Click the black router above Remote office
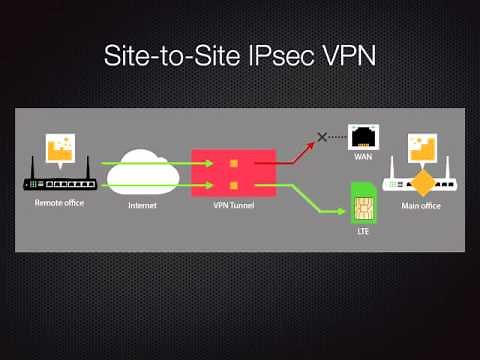pyautogui.click(x=58, y=183)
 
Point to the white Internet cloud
pyautogui.click(x=143, y=171)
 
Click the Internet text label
pyautogui.click(x=143, y=205)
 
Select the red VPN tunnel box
pyautogui.click(x=233, y=173)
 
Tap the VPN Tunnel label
pyautogui.click(x=232, y=205)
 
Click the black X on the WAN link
pyautogui.click(x=322, y=136)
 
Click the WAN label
pyautogui.click(x=363, y=158)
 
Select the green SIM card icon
pyautogui.click(x=363, y=203)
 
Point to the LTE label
pyautogui.click(x=363, y=231)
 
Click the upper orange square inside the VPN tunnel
pyautogui.click(x=234, y=163)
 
